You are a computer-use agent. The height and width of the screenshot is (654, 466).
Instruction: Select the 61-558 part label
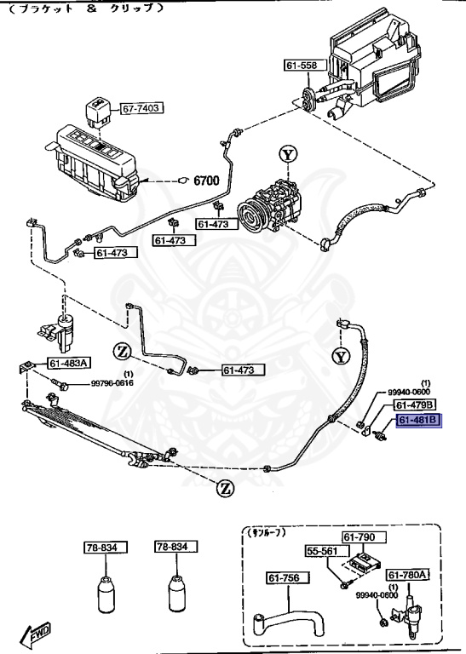click(x=300, y=66)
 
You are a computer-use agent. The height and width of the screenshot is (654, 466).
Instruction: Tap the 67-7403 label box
click(x=141, y=109)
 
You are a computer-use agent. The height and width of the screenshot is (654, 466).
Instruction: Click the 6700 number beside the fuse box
click(x=206, y=181)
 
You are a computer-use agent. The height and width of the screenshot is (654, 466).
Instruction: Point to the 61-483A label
click(x=68, y=364)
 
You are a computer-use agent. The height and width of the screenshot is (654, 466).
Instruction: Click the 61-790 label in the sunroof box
click(x=364, y=537)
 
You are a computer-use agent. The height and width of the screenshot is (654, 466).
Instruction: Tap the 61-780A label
click(x=409, y=575)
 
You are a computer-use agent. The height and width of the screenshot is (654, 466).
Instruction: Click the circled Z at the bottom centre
click(x=225, y=488)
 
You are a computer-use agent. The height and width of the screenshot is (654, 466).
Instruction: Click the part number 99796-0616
click(x=113, y=384)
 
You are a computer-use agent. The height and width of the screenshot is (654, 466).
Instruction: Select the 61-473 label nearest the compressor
click(x=215, y=224)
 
